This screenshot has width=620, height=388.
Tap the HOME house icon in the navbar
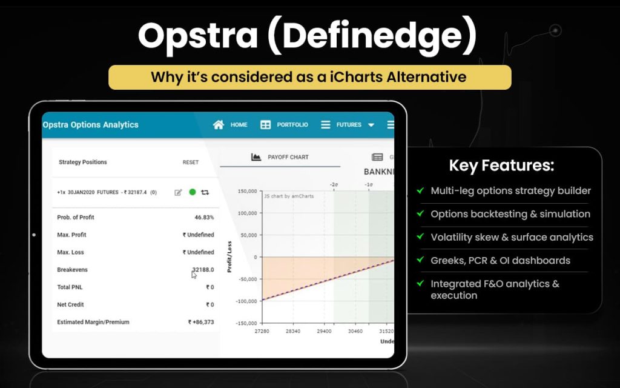(219, 125)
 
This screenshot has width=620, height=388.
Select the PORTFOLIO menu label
(292, 125)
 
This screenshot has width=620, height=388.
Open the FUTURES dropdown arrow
(371, 125)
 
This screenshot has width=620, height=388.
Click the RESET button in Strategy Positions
(191, 162)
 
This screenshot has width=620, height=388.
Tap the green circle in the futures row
(193, 192)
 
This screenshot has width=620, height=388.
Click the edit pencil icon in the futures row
(178, 192)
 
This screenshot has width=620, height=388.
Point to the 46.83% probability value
(204, 217)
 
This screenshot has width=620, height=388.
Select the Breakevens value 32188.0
(203, 269)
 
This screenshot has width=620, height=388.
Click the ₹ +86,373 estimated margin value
(201, 322)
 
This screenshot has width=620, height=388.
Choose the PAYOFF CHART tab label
(288, 157)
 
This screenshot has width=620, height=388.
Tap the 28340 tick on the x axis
(293, 332)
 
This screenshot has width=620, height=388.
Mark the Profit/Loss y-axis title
(229, 256)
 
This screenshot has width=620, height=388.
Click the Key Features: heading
(501, 166)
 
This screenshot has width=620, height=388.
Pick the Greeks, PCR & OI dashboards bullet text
(500, 261)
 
